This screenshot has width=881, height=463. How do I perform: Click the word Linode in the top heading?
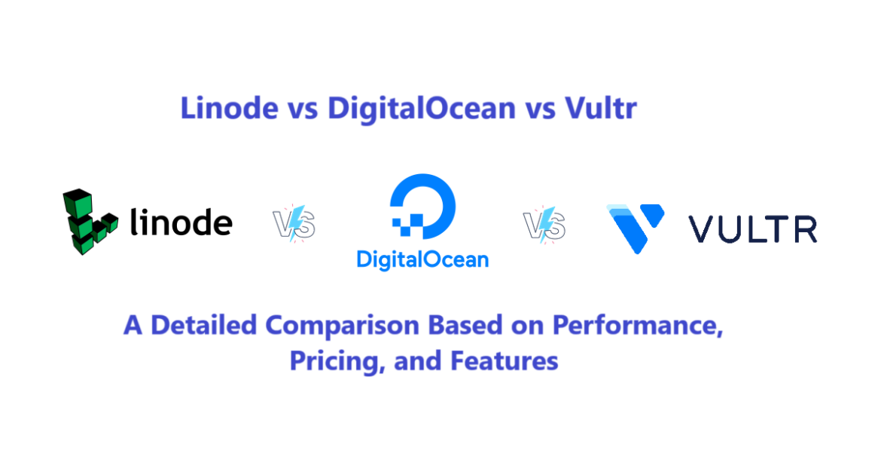229,109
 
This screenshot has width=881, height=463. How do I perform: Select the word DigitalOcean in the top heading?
420,109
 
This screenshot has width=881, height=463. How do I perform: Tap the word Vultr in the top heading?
600,109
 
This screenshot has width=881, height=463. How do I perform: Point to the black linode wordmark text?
181,223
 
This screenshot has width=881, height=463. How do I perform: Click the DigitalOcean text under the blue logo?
422,260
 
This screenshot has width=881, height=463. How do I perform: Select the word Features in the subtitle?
504,360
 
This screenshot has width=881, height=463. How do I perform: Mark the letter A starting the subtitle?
133,326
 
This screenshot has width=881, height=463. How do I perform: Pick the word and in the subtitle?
416,360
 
